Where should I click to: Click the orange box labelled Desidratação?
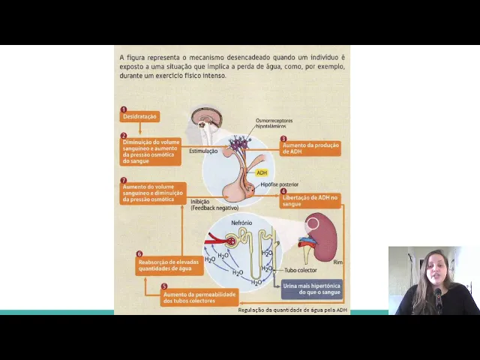tap(139, 117)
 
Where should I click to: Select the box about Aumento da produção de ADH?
tap(310, 148)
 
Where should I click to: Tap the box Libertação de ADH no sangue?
tap(310, 200)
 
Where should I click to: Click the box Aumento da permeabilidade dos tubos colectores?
tap(199, 298)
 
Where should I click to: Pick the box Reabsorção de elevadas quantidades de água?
tap(158, 265)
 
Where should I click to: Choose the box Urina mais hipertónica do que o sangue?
tap(312, 289)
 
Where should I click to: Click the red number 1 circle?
tap(124, 109)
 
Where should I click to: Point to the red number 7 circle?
tap(124, 181)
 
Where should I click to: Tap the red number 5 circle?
tap(164, 286)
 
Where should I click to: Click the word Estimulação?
tap(203, 151)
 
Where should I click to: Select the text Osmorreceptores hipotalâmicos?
tap(274, 123)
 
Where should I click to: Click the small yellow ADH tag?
tap(262, 172)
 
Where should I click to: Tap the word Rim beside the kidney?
tap(337, 262)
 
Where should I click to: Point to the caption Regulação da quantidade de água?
tap(292, 310)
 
